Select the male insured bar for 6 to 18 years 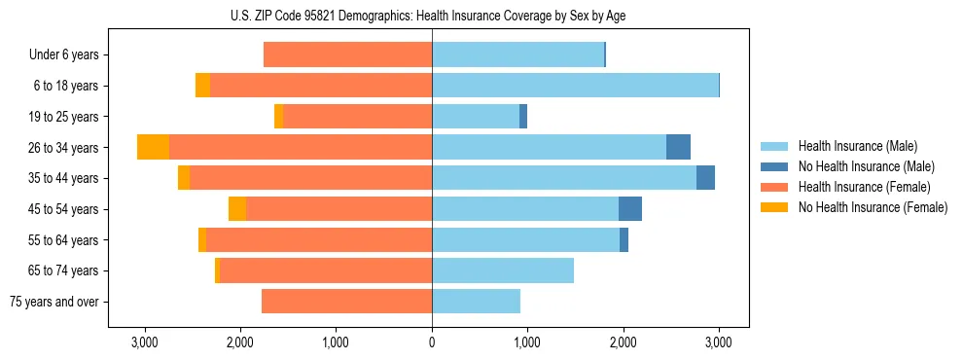tap(575, 86)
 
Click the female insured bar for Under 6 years tap(347, 54)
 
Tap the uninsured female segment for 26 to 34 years tap(153, 147)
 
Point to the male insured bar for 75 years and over tap(476, 302)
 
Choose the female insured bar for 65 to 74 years tap(326, 270)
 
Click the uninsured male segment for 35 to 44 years tap(705, 178)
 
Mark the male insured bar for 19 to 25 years tap(476, 117)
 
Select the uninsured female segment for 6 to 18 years tap(202, 86)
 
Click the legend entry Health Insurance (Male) tap(857, 146)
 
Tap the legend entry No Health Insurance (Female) tap(873, 207)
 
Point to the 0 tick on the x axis tap(432, 342)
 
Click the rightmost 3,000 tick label tap(719, 342)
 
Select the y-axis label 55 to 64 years tap(63, 239)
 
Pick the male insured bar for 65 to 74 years tap(503, 270)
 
